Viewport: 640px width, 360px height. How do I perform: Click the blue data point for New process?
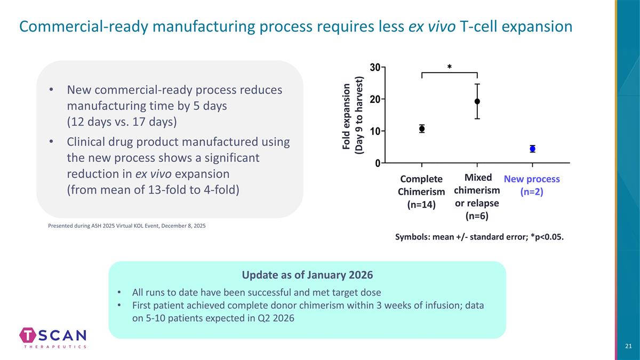click(532, 149)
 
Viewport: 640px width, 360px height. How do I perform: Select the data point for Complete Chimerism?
click(422, 129)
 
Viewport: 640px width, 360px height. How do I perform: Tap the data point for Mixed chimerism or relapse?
click(477, 101)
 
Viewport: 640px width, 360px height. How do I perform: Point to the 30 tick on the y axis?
click(375, 67)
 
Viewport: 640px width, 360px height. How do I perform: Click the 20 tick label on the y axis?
click(375, 99)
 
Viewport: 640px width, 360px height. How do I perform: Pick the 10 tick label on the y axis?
click(375, 131)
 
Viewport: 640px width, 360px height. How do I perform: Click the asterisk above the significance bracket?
click(450, 67)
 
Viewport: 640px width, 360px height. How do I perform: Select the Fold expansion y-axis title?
click(353, 115)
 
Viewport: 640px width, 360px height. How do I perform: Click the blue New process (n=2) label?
click(532, 185)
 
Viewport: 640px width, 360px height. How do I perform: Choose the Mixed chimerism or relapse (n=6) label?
click(477, 196)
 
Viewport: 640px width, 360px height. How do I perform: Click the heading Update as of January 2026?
click(307, 275)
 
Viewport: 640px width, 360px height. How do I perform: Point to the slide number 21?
click(628, 347)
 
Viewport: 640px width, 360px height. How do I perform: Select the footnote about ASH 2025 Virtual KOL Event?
click(126, 226)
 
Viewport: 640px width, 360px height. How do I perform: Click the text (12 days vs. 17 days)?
click(122, 122)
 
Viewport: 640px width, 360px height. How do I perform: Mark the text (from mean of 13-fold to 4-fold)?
click(153, 190)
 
